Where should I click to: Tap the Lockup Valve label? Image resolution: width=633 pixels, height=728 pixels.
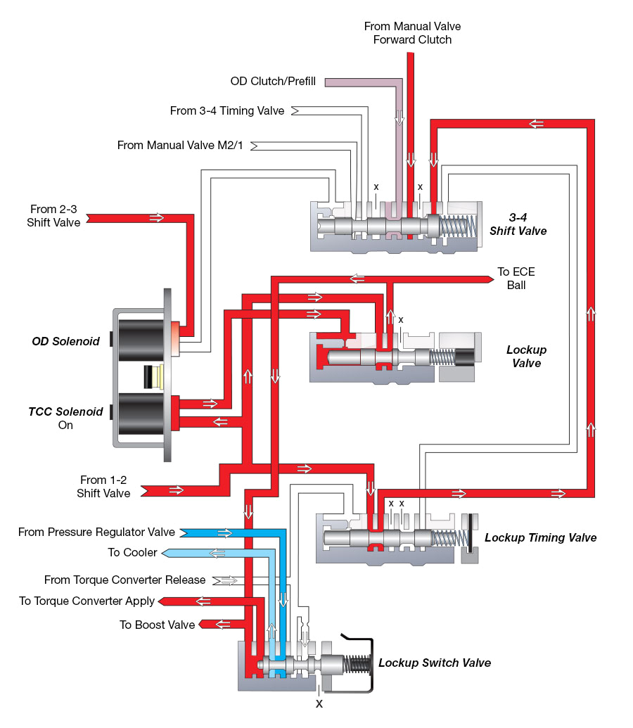click(x=526, y=357)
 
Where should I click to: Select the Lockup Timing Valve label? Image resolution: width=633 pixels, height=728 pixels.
click(x=540, y=538)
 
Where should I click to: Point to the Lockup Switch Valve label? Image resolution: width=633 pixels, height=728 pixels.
click(x=435, y=663)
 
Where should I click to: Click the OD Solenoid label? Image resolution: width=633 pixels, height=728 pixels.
click(x=65, y=342)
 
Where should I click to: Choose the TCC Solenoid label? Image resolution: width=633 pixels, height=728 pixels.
click(x=65, y=411)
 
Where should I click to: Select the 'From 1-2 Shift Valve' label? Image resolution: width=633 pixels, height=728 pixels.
click(x=103, y=487)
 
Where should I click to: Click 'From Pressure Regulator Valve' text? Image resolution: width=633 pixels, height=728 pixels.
click(x=97, y=532)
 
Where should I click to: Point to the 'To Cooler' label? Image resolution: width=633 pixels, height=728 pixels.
click(x=132, y=553)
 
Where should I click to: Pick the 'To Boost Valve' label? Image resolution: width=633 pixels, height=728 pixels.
click(x=157, y=625)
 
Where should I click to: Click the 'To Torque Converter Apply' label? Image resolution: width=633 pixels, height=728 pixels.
click(x=87, y=601)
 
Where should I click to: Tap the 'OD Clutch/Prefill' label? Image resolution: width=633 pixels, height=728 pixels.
click(x=274, y=82)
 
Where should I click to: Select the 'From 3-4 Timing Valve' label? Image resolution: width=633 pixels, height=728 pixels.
click(x=227, y=110)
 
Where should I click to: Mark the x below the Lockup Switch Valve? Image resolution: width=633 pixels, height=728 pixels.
click(x=319, y=703)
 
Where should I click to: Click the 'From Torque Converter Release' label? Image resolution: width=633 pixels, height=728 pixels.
click(x=124, y=580)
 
